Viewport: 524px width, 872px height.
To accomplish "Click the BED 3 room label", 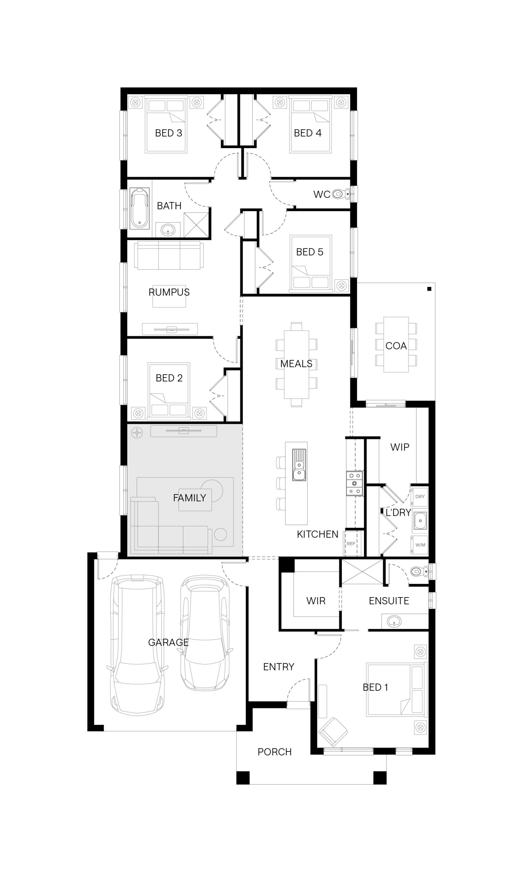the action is pos(169,133).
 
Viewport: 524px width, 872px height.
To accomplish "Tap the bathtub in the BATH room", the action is pos(140,208).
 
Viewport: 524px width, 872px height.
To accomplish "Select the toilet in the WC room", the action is pos(341,193).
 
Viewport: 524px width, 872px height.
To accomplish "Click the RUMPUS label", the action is pos(169,292).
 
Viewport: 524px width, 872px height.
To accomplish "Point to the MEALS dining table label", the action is pos(296,363).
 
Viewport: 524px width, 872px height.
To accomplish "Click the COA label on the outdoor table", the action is pos(396,346).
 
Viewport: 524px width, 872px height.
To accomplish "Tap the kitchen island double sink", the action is pos(299,465).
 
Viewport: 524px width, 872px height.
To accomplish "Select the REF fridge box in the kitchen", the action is pos(351,544).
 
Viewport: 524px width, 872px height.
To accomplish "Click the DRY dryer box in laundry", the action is pos(419,497).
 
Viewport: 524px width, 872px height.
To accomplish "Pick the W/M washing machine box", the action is pos(419,545).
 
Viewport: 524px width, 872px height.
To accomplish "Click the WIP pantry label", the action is pos(400,447).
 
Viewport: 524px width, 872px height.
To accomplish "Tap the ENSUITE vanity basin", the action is pos(394,621).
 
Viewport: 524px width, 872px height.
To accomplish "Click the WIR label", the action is pos(316,601).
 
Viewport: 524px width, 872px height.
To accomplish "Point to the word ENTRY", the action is pos(279,667).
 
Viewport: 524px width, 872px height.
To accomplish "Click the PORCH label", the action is pos(274,752).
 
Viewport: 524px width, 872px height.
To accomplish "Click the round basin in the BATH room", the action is pos(168,230).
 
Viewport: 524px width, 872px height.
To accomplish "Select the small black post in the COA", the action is pos(429,289).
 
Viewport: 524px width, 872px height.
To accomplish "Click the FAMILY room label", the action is pos(189,498).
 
